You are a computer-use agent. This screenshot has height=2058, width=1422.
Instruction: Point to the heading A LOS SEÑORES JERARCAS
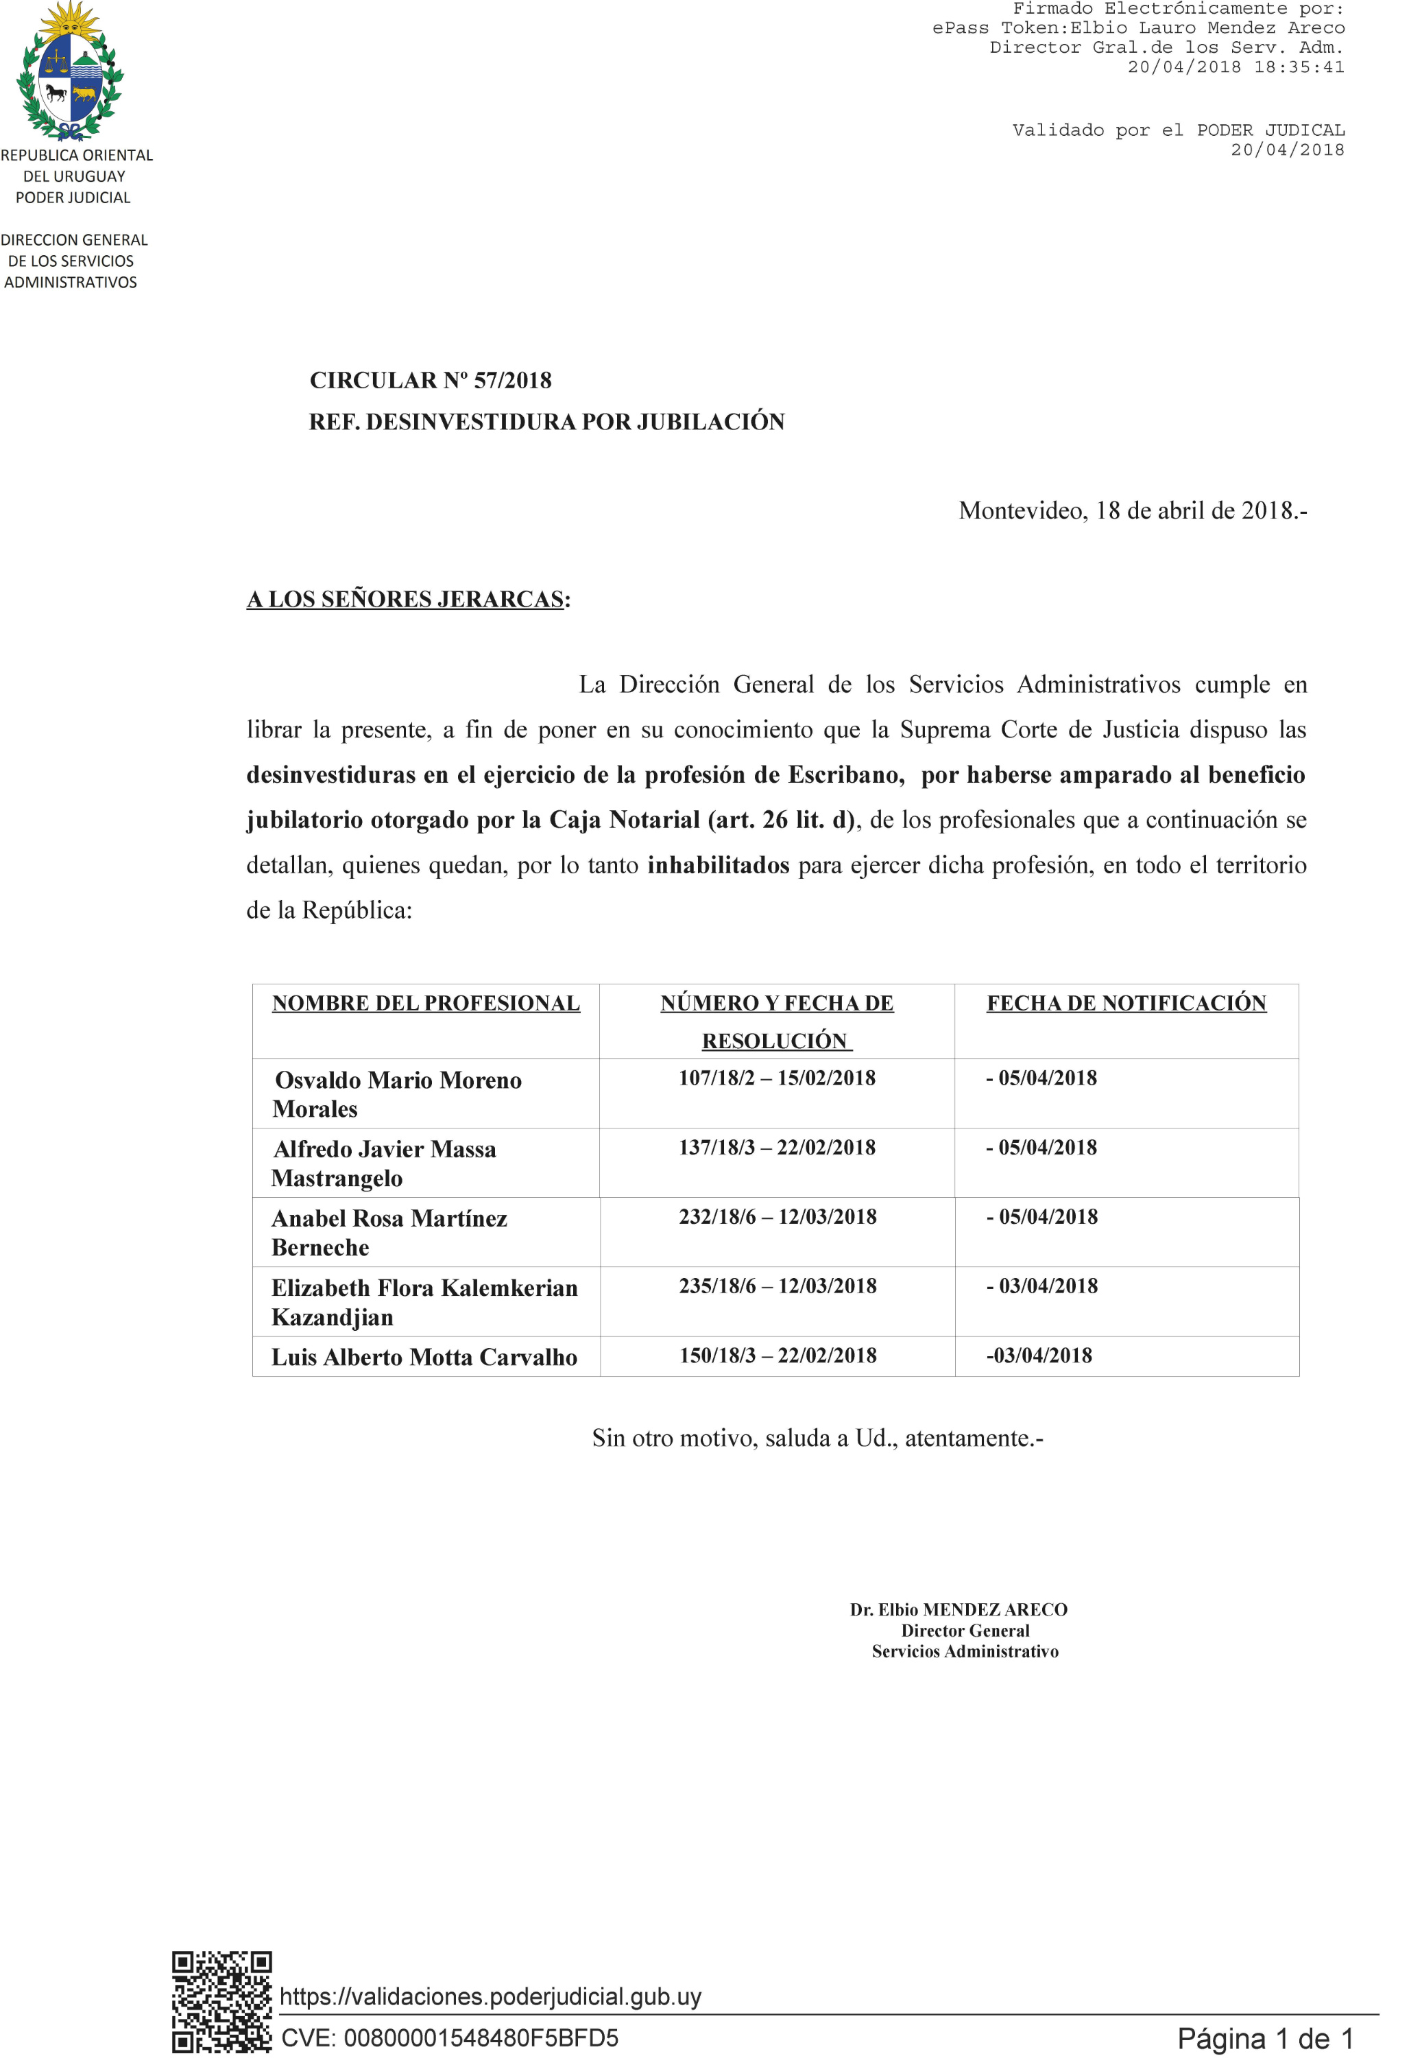click(405, 599)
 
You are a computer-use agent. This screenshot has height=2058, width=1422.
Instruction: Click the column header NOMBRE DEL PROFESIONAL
click(426, 1003)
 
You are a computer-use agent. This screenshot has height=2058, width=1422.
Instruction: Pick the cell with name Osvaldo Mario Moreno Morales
click(398, 1093)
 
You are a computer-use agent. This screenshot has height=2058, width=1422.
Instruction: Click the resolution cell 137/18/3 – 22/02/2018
click(777, 1147)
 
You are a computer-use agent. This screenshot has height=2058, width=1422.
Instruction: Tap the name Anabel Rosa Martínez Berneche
click(389, 1232)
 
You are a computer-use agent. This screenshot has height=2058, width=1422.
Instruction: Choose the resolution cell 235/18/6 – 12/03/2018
click(777, 1286)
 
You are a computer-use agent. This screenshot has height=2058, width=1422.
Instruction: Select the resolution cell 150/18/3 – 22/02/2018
click(777, 1355)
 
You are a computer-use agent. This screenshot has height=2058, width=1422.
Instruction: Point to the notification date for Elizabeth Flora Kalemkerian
click(1041, 1286)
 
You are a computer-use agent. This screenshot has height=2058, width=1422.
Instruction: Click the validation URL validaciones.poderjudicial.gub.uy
click(490, 1996)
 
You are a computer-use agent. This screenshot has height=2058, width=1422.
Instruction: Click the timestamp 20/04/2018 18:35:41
click(1235, 67)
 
